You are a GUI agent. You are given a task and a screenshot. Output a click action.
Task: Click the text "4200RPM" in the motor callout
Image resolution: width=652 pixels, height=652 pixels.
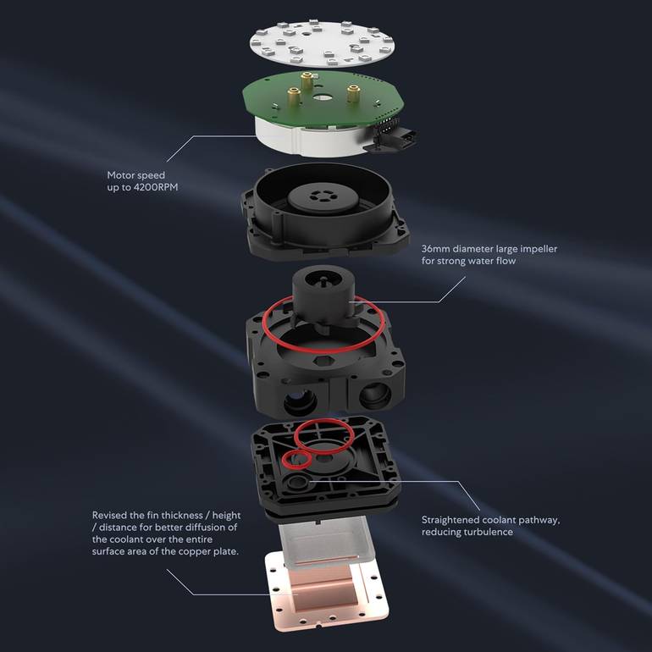[x=155, y=187]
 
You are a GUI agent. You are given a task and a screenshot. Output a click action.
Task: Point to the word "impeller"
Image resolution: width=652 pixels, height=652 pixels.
[x=537, y=249]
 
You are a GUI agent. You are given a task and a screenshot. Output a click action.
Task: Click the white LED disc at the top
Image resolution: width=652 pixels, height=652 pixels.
[x=322, y=43]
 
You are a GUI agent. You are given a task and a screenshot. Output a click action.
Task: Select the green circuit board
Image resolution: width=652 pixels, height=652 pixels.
[x=323, y=100]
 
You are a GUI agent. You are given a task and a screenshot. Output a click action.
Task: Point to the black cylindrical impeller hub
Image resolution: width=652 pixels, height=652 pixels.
[x=324, y=292]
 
